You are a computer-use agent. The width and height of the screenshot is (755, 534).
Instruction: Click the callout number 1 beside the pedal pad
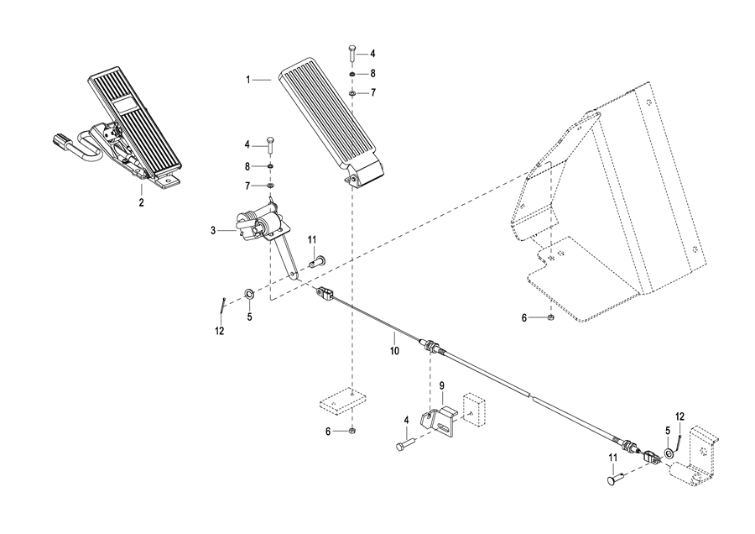click(248, 80)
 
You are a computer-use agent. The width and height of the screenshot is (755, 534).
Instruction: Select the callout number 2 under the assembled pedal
click(141, 203)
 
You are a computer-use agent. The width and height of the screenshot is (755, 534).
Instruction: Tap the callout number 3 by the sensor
click(213, 231)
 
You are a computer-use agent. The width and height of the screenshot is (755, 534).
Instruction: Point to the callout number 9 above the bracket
click(441, 385)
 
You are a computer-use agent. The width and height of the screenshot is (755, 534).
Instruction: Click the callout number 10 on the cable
click(394, 351)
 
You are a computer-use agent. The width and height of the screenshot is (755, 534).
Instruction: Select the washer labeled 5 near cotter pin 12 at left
click(250, 293)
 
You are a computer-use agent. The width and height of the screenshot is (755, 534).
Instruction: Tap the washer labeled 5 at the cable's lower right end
click(669, 453)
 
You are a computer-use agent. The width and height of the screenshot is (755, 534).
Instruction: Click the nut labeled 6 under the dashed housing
click(552, 317)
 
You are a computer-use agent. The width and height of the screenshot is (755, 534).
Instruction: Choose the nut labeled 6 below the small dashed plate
click(352, 430)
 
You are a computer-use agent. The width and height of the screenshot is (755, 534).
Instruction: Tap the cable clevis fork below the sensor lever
click(324, 294)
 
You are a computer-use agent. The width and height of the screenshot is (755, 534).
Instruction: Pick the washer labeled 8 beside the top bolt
click(352, 74)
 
